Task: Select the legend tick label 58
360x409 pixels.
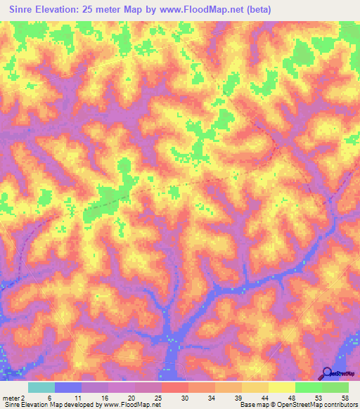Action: tap(345, 398)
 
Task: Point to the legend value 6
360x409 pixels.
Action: tap(41, 398)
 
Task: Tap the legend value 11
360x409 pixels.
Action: tap(68, 398)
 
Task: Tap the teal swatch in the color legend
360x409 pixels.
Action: tap(41, 387)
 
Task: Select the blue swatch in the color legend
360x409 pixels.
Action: tap(68, 387)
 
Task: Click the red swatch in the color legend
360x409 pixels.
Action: tap(175, 387)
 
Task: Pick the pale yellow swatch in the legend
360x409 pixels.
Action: tap(282, 387)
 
